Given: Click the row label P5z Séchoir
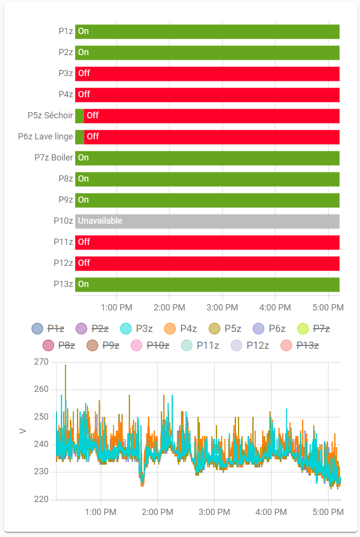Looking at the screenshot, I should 50,115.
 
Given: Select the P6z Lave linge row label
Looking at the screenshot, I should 45,137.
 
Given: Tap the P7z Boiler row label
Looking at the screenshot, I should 54,158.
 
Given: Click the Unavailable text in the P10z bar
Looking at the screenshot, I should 100,221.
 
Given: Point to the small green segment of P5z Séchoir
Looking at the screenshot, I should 79,115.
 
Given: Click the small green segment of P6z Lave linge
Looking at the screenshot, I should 79,137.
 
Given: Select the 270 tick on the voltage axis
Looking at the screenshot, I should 42,362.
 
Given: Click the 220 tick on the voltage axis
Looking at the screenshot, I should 42,500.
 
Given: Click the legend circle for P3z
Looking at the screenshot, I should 126,329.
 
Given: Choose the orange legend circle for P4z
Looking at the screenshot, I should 170,329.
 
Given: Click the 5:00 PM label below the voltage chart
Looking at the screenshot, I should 328,512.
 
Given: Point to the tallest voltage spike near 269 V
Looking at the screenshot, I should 65,366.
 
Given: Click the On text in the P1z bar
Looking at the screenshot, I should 83,31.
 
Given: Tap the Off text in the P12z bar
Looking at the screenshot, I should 84,263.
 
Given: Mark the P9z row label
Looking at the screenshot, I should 66,200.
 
